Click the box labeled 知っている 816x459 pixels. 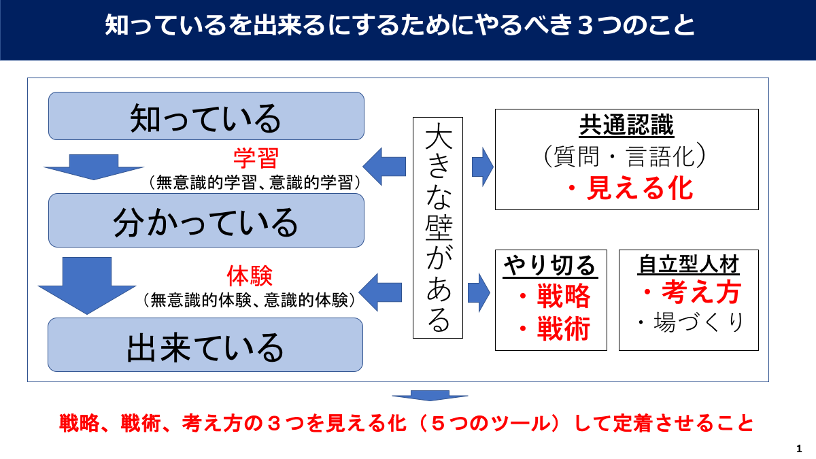tap(206, 116)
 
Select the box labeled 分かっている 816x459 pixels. tap(206, 220)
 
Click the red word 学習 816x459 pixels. tap(256, 159)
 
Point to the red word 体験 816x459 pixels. tap(250, 276)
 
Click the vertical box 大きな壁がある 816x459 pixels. tap(437, 228)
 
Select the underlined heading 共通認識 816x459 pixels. tap(626, 126)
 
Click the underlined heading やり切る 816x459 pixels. tap(550, 265)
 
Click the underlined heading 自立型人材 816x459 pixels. tap(688, 264)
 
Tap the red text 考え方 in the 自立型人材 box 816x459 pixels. tap(691, 292)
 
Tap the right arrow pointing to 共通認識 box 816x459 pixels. tap(482, 165)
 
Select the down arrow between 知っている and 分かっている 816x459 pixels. tap(94, 167)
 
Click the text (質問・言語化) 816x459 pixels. tap(626, 157)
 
